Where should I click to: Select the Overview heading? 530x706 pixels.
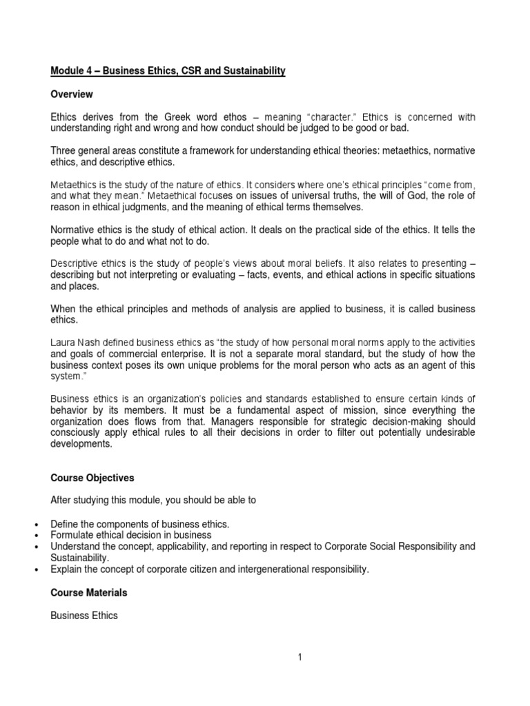[x=72, y=94]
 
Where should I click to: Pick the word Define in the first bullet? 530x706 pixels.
[x=64, y=525]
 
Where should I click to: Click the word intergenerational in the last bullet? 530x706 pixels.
[x=267, y=569]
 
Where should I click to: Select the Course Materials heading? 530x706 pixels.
[x=88, y=592]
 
